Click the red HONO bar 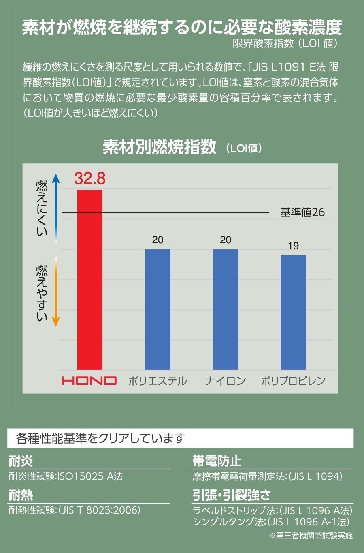[90, 280]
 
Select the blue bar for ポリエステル [158, 309]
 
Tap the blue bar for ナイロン [226, 309]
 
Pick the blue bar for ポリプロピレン [293, 312]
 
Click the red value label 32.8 [90, 178]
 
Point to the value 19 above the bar [293, 246]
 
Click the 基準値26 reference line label [302, 212]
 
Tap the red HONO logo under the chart [89, 381]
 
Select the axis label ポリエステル [158, 381]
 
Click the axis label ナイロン [226, 381]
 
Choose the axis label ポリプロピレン [293, 381]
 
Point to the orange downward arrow [56, 292]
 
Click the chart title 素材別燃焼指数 [160, 147]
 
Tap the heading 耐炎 [21, 461]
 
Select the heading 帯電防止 [217, 461]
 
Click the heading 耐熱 [21, 495]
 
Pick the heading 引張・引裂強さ [232, 495]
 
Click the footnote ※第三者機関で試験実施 [311, 536]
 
